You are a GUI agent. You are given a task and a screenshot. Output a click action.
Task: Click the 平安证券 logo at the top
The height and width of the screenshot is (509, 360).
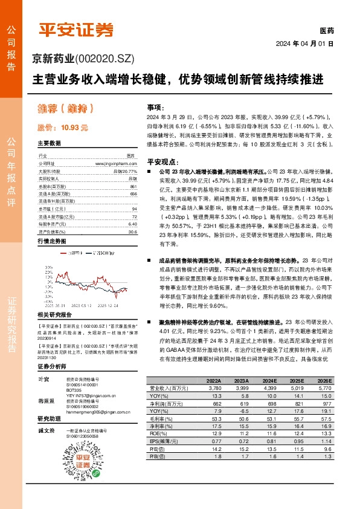coord(77,30)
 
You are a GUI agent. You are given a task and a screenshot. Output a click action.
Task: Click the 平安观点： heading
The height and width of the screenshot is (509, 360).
coord(162,162)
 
